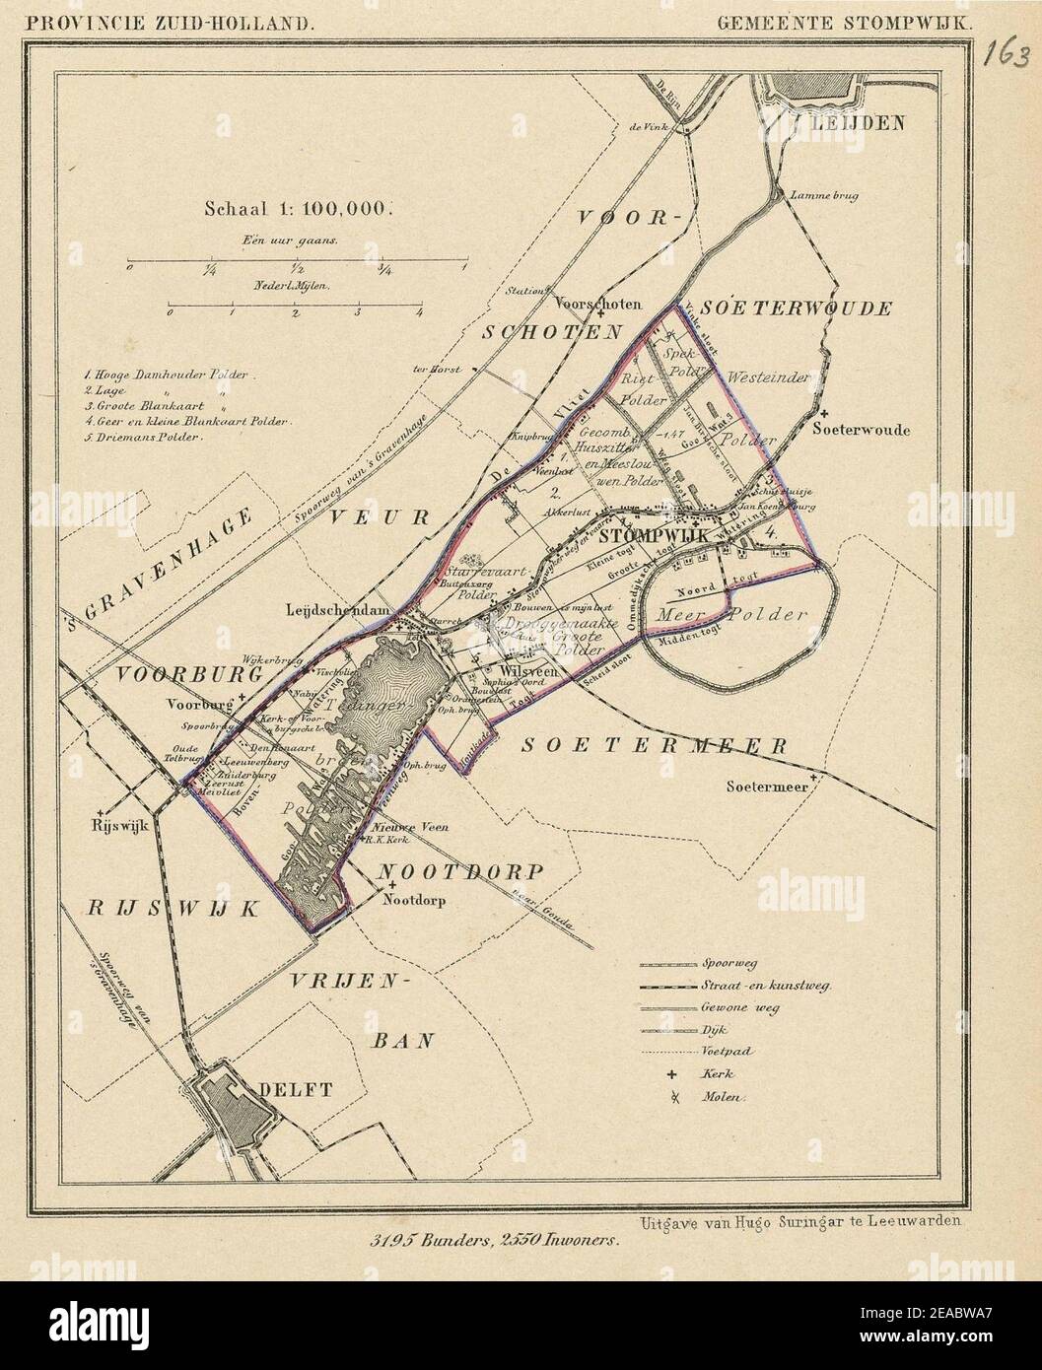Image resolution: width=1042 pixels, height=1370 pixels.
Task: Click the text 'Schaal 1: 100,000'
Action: pos(299,208)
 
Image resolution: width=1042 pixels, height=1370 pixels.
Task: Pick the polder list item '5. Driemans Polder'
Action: pos(143,436)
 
